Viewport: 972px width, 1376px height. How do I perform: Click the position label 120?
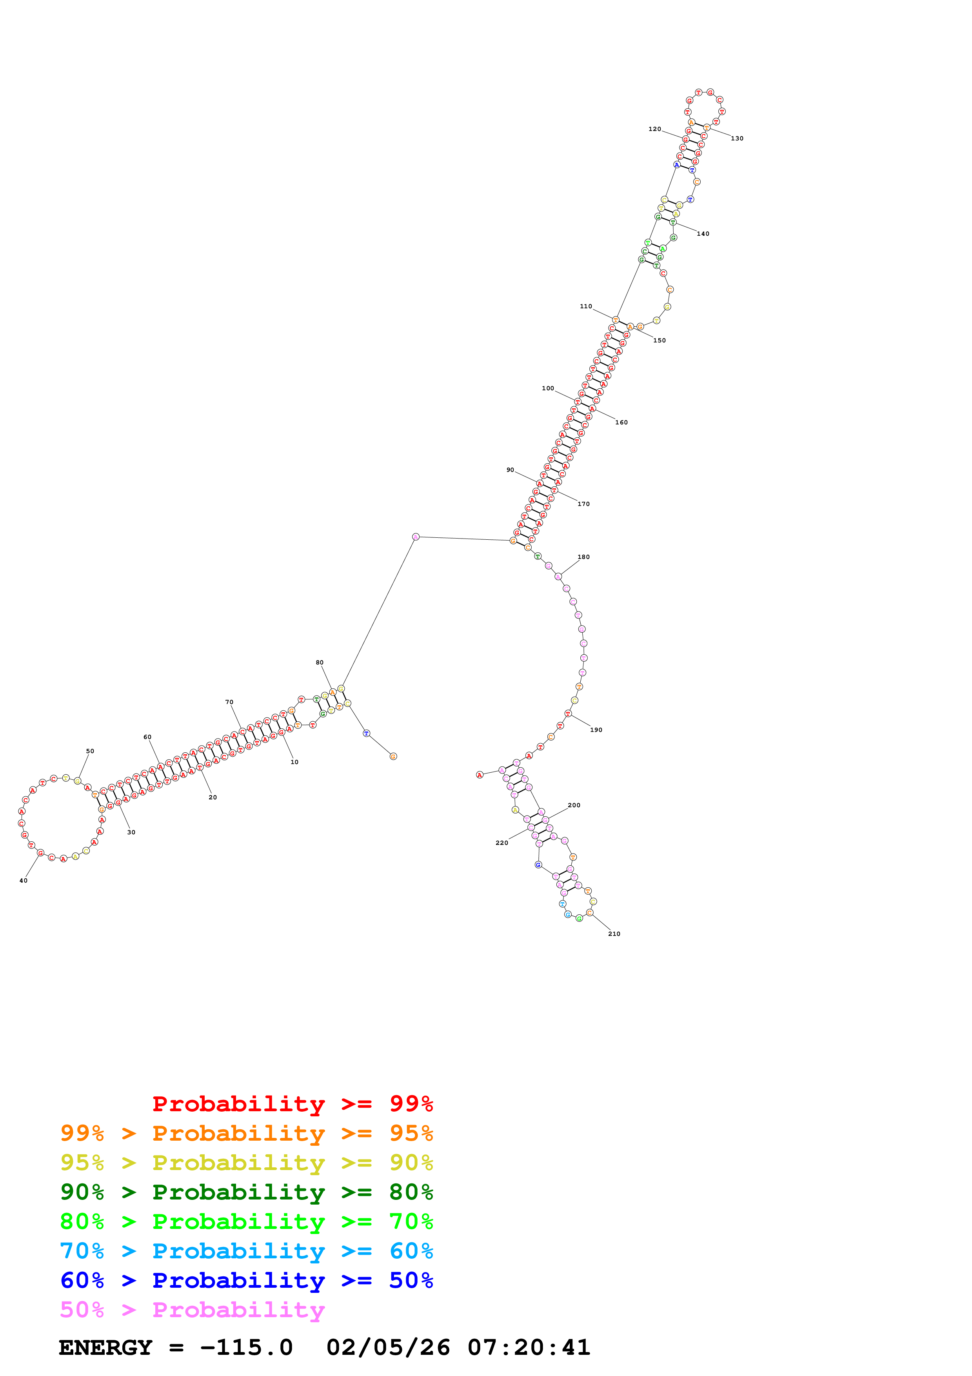pyautogui.click(x=654, y=129)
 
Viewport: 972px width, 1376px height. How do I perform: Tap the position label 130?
pyautogui.click(x=737, y=138)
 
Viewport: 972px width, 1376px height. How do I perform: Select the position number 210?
pyautogui.click(x=614, y=934)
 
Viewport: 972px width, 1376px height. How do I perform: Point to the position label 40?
pyautogui.click(x=24, y=880)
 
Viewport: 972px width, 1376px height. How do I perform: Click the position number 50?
pyautogui.click(x=90, y=751)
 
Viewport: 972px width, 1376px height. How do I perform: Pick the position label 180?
pyautogui.click(x=583, y=557)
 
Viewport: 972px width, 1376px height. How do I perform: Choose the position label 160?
pyautogui.click(x=621, y=422)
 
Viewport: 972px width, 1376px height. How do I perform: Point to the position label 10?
pyautogui.click(x=294, y=762)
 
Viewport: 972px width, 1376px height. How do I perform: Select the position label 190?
pyautogui.click(x=596, y=730)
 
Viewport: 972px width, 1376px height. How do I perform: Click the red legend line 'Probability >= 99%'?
pyautogui.click(x=292, y=1104)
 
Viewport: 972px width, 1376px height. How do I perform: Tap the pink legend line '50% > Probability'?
pyautogui.click(x=192, y=1310)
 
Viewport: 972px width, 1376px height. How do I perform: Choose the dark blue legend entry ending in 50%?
pyautogui.click(x=246, y=1281)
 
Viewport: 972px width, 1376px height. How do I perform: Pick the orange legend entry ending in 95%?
pyautogui.click(x=246, y=1133)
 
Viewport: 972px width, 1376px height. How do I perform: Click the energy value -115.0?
pyautogui.click(x=246, y=1348)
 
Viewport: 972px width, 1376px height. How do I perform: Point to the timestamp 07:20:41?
pyautogui.click(x=529, y=1348)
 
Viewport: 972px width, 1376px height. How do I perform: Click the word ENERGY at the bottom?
pyautogui.click(x=105, y=1348)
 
